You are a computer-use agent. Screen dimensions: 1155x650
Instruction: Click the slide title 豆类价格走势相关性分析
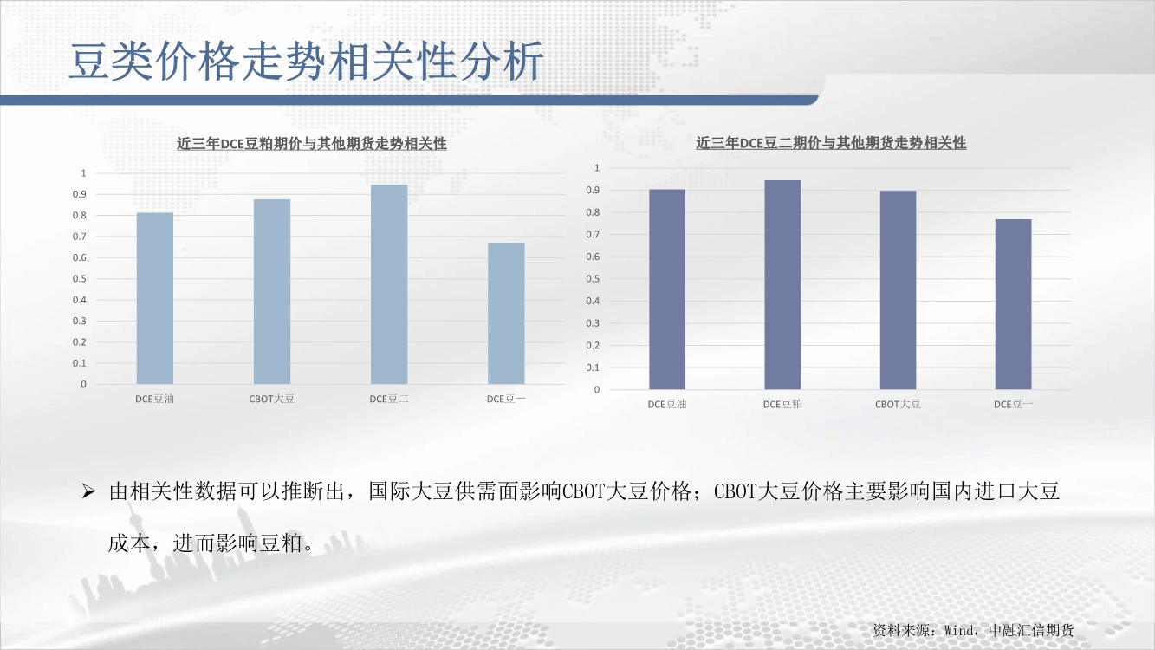click(306, 62)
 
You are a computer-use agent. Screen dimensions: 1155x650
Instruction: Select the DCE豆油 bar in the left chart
click(155, 298)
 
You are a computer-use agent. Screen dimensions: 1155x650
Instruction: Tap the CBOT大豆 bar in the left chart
click(272, 291)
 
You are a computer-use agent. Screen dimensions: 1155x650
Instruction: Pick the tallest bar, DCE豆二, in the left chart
click(389, 284)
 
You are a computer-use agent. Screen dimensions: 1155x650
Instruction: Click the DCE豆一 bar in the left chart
click(506, 313)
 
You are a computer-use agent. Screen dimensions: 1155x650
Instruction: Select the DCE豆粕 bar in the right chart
click(782, 285)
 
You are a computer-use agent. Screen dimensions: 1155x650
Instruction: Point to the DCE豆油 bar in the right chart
click(667, 289)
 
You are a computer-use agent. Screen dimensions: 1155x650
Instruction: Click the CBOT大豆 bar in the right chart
click(898, 290)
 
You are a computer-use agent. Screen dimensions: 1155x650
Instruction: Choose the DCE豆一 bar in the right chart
click(1013, 304)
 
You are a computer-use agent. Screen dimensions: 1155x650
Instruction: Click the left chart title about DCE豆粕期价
click(311, 143)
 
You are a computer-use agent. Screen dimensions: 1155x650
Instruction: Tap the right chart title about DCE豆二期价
click(831, 143)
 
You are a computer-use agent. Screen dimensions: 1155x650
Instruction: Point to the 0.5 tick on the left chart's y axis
click(80, 278)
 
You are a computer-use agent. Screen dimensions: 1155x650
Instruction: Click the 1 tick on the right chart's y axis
click(597, 167)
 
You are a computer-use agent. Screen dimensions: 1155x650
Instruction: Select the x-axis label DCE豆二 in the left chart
click(389, 399)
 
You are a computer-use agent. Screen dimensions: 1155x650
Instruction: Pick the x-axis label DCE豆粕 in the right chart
click(782, 404)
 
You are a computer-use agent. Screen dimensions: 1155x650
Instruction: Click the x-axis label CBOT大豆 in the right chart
click(898, 404)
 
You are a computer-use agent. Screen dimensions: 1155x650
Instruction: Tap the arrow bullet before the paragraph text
click(88, 491)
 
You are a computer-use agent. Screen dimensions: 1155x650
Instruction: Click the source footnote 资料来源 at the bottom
click(973, 630)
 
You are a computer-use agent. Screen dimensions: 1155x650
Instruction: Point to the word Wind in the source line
click(958, 630)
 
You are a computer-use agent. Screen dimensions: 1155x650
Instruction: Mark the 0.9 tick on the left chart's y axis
click(80, 194)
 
